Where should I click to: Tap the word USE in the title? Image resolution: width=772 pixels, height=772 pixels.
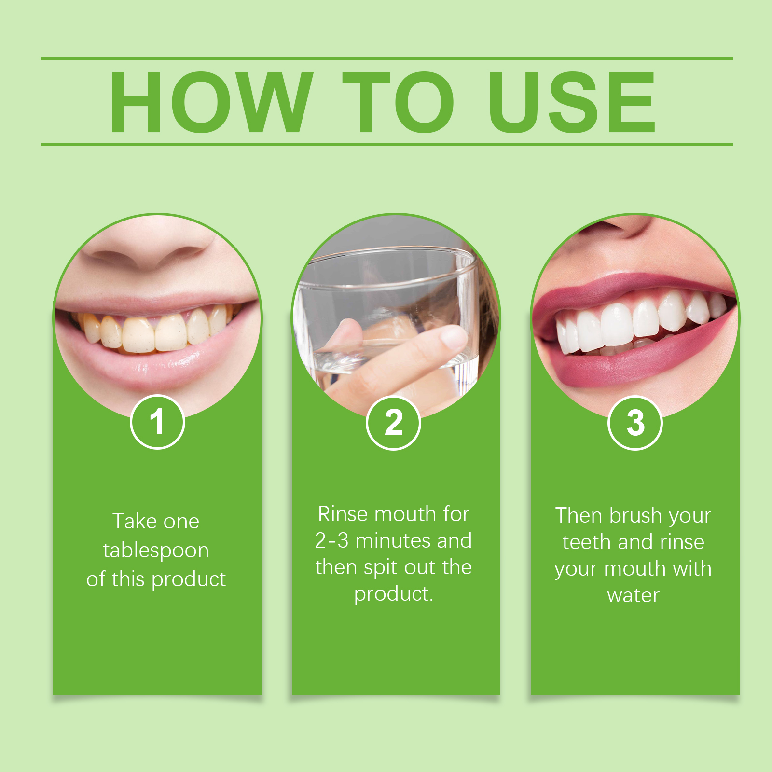pyautogui.click(x=572, y=102)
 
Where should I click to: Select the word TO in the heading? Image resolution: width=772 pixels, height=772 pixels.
pyautogui.click(x=399, y=102)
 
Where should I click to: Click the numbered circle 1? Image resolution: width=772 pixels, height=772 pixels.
pyautogui.click(x=157, y=422)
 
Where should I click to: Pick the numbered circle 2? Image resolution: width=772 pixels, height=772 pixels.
pyautogui.click(x=394, y=423)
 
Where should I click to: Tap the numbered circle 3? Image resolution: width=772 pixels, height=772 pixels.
pyautogui.click(x=635, y=423)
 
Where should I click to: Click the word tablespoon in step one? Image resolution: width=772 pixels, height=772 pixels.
pyautogui.click(x=156, y=551)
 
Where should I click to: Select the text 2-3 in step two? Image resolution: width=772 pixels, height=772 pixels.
pyautogui.click(x=331, y=540)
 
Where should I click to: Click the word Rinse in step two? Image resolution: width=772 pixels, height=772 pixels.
pyautogui.click(x=343, y=514)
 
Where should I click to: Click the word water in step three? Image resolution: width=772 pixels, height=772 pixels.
pyautogui.click(x=633, y=595)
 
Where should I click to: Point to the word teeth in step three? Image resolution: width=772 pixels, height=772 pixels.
pyautogui.click(x=587, y=542)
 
